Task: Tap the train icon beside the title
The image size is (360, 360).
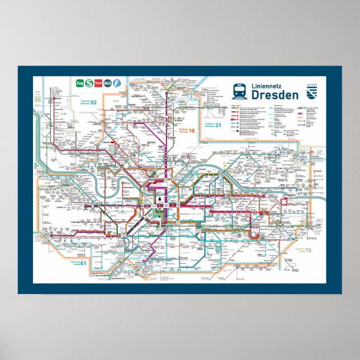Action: coord(239,91)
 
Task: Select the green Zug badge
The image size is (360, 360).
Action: coord(79,83)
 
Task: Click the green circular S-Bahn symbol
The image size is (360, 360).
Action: coord(89,83)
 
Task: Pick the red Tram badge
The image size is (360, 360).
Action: coord(98,83)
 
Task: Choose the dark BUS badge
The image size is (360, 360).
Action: coord(108,83)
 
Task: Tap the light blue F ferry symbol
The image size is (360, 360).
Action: coord(117,83)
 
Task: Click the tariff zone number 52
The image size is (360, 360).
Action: coord(93,102)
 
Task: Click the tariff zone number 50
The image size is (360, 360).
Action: coord(37,100)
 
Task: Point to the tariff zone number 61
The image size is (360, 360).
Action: coord(83,263)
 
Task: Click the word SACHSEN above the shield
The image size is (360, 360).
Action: coord(311,83)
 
